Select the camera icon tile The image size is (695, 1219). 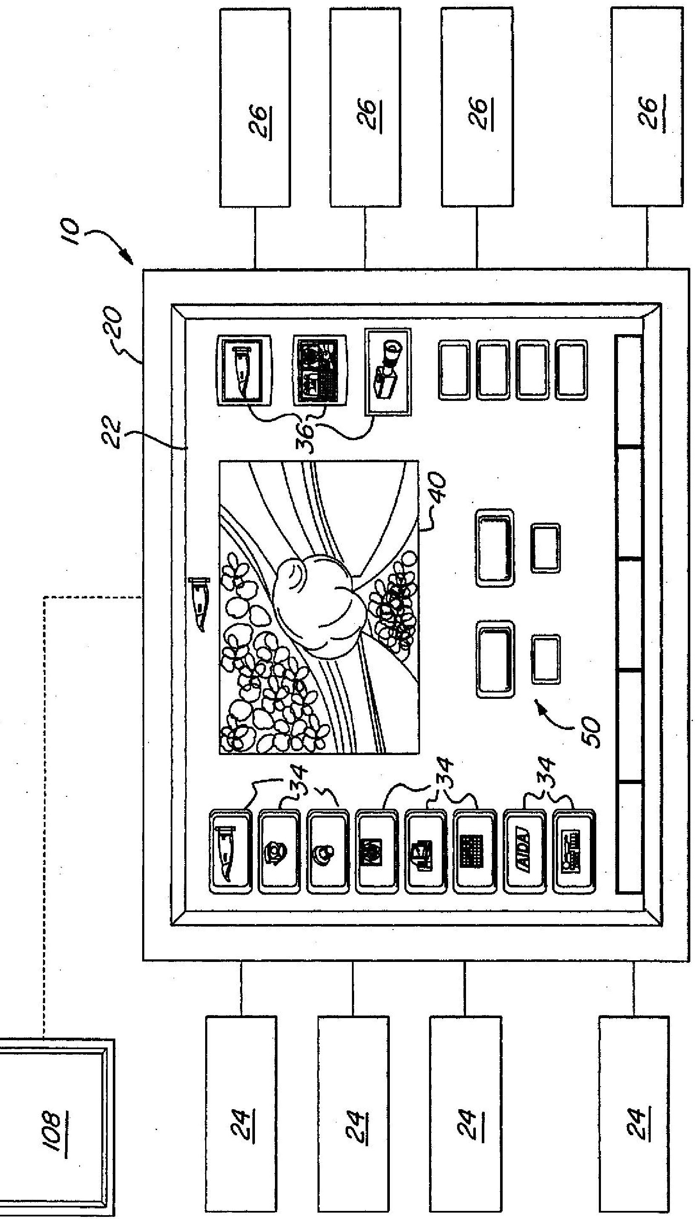(x=388, y=371)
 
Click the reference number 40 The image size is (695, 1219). (x=438, y=487)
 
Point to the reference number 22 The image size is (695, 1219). (x=113, y=432)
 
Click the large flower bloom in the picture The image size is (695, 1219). (x=317, y=606)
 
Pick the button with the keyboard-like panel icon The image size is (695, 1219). (x=574, y=851)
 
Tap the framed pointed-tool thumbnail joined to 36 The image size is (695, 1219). (x=244, y=370)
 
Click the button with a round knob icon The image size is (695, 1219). (x=327, y=851)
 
